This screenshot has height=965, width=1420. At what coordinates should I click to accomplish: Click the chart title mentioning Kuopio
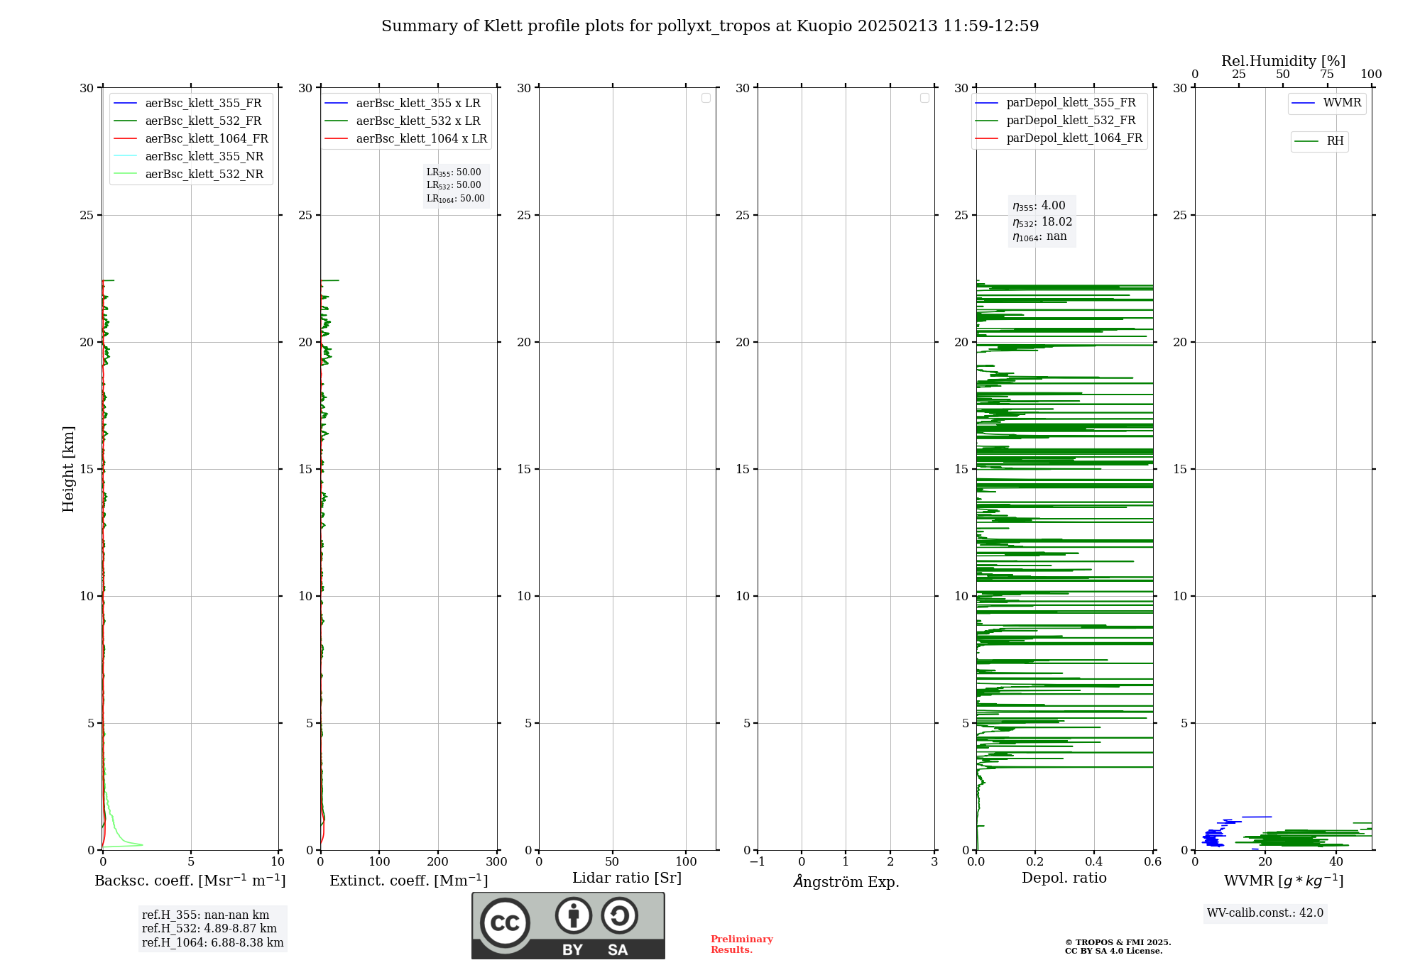710,26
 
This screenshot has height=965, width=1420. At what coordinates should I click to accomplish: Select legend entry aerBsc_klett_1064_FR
206,139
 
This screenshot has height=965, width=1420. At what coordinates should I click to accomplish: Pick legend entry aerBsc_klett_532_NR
204,175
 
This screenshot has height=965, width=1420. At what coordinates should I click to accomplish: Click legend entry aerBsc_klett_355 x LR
417,104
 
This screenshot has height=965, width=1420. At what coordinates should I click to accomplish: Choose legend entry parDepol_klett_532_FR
1071,121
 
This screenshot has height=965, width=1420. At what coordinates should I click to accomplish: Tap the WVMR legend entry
1341,103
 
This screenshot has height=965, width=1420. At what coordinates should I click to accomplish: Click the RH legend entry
1334,141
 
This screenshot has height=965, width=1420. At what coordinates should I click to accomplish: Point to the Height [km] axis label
68,469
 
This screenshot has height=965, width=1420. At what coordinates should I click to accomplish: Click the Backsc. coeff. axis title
190,881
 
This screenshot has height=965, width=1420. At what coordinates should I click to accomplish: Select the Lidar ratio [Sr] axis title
627,878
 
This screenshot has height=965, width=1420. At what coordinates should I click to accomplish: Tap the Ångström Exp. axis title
846,882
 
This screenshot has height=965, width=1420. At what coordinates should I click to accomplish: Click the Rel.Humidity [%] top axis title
1283,61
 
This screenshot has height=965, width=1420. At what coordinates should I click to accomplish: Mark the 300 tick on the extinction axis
496,862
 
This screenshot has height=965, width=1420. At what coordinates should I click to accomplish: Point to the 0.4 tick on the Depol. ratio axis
1094,862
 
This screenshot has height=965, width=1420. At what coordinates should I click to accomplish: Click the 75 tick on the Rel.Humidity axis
1326,75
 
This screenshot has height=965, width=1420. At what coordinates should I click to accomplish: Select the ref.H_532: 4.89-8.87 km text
209,929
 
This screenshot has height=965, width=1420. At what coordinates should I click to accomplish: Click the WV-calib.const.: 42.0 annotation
1265,913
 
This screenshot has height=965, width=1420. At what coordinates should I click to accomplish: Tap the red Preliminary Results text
741,944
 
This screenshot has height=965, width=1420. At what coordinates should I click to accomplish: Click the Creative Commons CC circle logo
505,923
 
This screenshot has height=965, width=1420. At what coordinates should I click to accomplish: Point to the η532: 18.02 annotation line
1042,222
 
